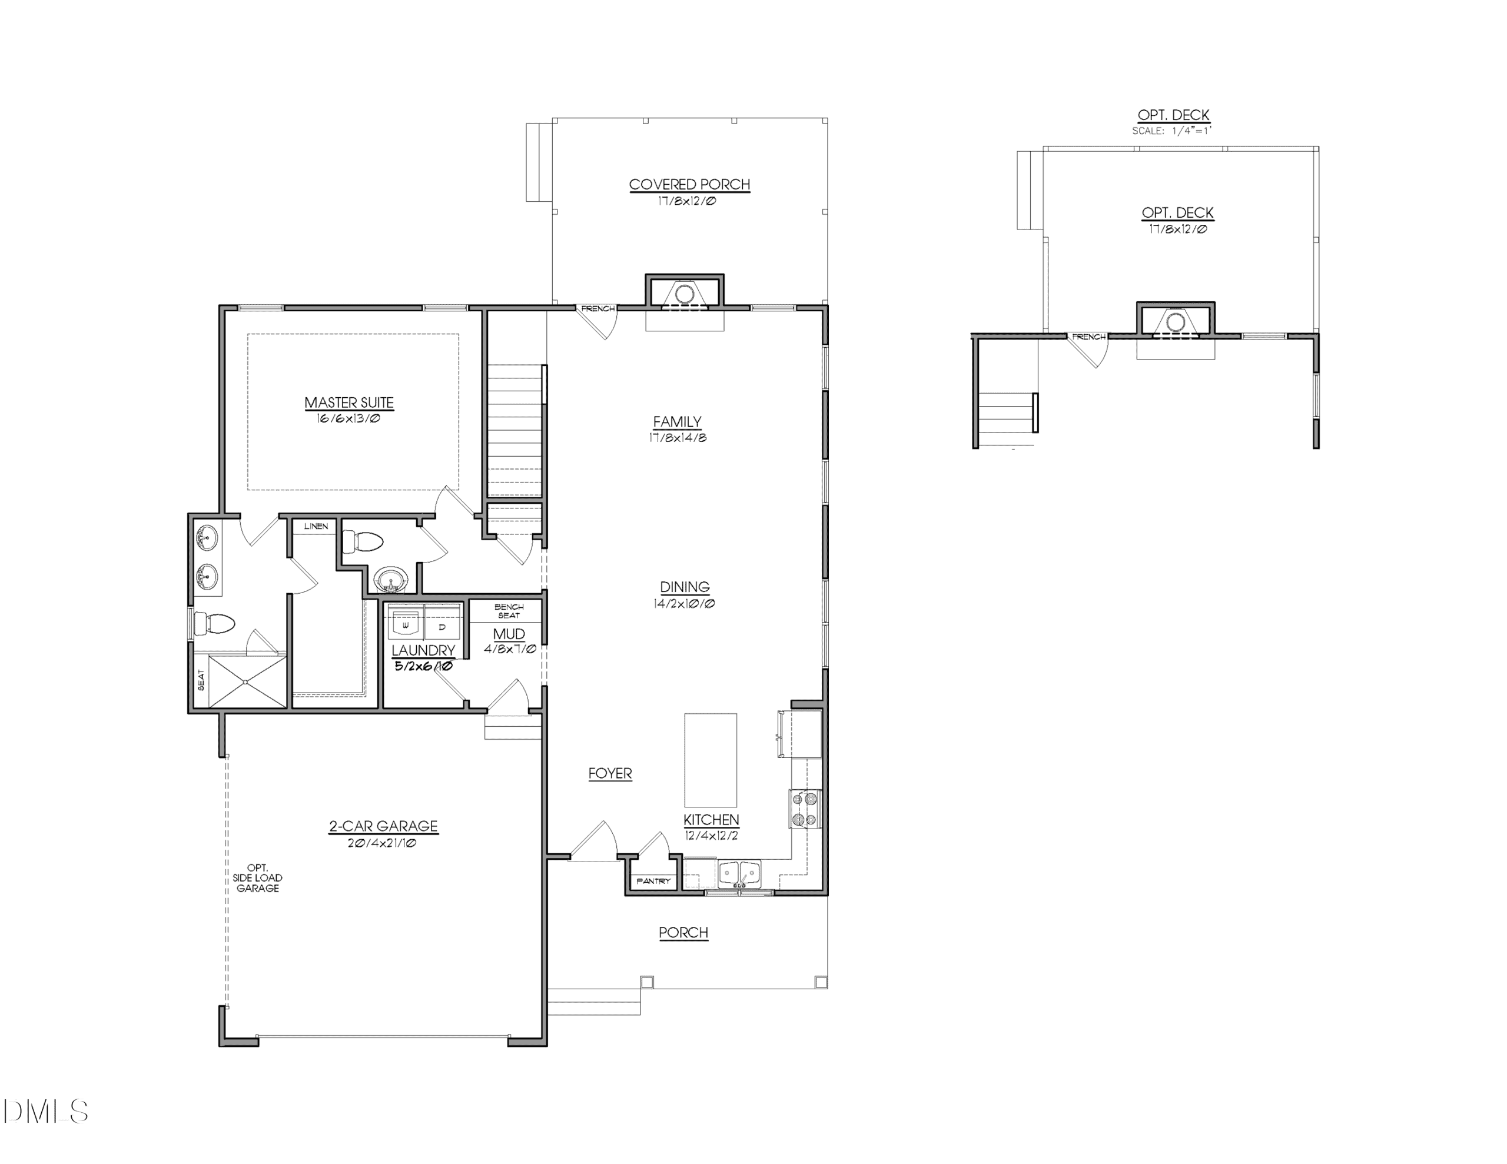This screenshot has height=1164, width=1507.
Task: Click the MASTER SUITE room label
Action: click(x=349, y=403)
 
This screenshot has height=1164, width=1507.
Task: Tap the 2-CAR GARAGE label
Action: click(x=383, y=826)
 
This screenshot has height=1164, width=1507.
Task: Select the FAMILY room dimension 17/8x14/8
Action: click(x=678, y=437)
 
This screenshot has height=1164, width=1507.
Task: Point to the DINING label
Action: click(x=685, y=587)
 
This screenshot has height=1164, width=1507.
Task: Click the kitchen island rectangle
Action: click(x=710, y=760)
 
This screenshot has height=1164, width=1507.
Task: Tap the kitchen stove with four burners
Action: click(x=805, y=809)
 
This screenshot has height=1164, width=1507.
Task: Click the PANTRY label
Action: click(x=653, y=881)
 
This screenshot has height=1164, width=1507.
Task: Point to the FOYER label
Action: click(x=610, y=773)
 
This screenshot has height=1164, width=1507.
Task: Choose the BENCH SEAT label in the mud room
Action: click(x=509, y=611)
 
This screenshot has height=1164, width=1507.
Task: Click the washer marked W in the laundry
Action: click(x=405, y=624)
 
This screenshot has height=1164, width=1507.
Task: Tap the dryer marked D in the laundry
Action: click(x=442, y=624)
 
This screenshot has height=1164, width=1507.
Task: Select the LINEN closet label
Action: click(x=316, y=527)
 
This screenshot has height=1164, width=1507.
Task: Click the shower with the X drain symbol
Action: click(x=247, y=681)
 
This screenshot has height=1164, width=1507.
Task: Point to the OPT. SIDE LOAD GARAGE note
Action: click(x=257, y=877)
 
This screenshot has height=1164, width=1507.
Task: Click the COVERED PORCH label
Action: click(x=689, y=184)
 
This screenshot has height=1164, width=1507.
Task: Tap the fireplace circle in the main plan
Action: click(x=684, y=294)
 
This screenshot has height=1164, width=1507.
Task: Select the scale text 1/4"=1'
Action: click(x=1191, y=131)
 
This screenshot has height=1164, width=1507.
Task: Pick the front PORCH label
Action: click(x=683, y=932)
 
